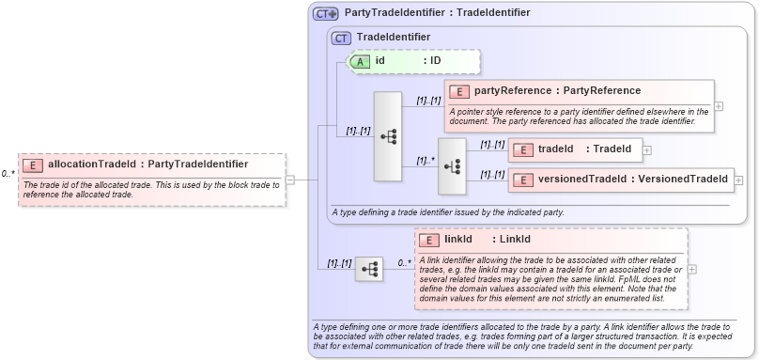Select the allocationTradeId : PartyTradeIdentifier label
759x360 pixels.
(147, 164)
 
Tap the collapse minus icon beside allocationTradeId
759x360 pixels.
(290, 179)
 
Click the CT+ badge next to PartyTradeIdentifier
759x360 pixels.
(325, 13)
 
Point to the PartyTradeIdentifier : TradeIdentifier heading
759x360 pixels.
(437, 13)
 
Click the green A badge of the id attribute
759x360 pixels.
(359, 61)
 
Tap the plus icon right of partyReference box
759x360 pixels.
(719, 106)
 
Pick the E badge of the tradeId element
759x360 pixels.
(522, 149)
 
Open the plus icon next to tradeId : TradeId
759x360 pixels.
(647, 149)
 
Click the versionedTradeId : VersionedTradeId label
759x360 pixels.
(634, 179)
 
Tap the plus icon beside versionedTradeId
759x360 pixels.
(739, 180)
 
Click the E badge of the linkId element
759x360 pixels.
(429, 240)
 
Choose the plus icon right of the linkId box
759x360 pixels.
(692, 269)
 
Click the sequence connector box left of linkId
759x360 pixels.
(369, 269)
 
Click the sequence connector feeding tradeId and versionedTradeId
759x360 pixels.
(452, 165)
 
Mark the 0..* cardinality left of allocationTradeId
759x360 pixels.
(8, 174)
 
